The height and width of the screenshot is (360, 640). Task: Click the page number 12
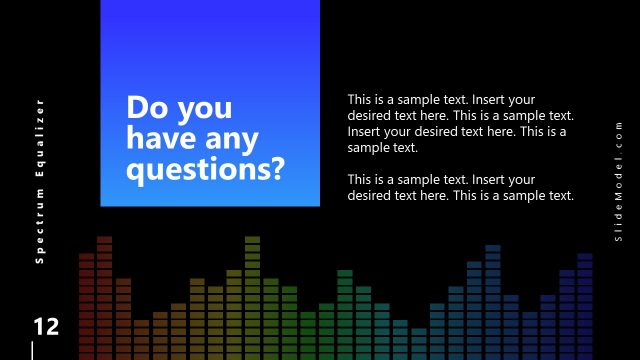[46, 327]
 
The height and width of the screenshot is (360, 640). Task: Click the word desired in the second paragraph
[370, 195]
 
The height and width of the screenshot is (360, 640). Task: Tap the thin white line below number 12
[33, 350]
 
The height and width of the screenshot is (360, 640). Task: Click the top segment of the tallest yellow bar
[252, 240]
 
